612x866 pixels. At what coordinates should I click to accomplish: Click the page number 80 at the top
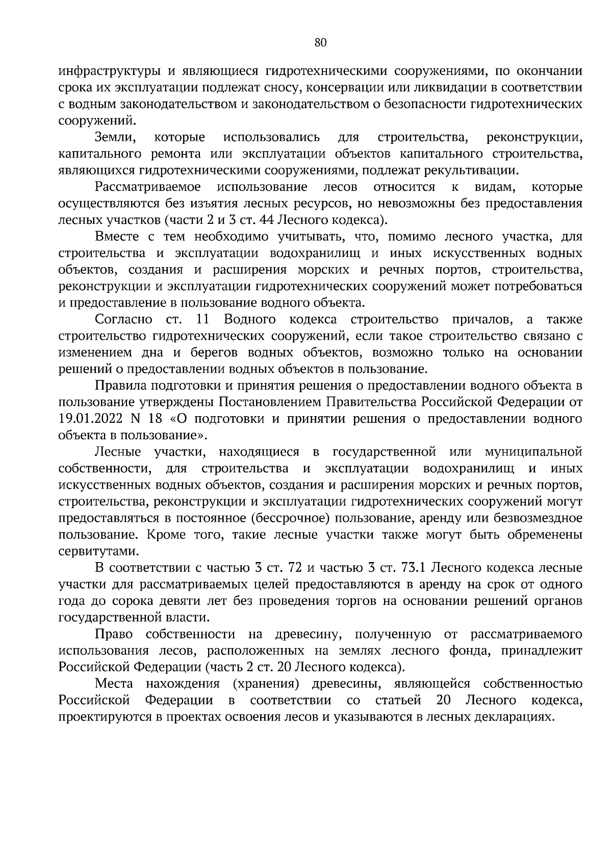click(x=320, y=43)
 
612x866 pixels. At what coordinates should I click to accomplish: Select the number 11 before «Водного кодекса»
click(x=203, y=320)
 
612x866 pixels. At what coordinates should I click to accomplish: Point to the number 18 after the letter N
click(x=156, y=419)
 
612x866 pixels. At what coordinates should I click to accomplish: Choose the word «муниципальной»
click(x=533, y=452)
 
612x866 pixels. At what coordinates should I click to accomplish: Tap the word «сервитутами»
click(x=91, y=551)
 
